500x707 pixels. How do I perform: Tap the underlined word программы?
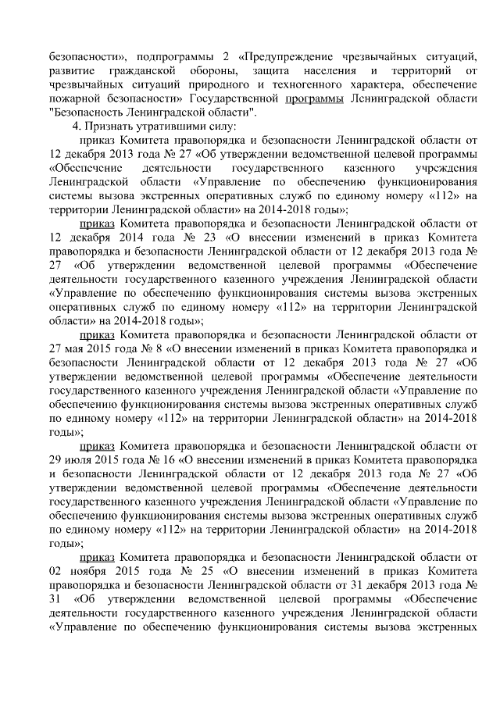pyautogui.click(x=314, y=99)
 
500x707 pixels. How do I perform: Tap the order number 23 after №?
pyautogui.click(x=191, y=235)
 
